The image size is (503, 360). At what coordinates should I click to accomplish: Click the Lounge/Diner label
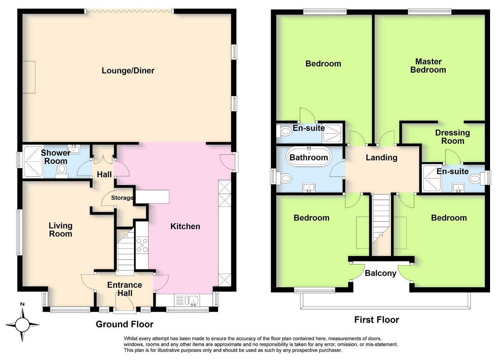(128, 71)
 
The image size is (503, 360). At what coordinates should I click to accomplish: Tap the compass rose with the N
(22, 324)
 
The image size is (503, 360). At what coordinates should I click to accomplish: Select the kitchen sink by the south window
(193, 301)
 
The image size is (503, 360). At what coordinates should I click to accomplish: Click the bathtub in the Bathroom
(308, 158)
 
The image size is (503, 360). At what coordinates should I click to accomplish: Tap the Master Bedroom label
(428, 66)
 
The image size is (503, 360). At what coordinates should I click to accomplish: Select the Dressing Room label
(452, 137)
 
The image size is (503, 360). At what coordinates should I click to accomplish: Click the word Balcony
(380, 273)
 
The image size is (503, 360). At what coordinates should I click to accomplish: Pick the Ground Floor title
(125, 324)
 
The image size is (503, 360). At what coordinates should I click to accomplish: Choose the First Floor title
(376, 320)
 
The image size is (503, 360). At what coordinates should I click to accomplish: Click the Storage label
(122, 198)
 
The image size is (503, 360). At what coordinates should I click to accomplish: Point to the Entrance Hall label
(125, 289)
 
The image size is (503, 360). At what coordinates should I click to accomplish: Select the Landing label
(381, 158)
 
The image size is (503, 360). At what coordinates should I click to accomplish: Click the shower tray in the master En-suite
(432, 178)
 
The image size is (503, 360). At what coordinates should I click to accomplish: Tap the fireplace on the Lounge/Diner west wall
(29, 77)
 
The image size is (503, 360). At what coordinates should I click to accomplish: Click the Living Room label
(61, 230)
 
